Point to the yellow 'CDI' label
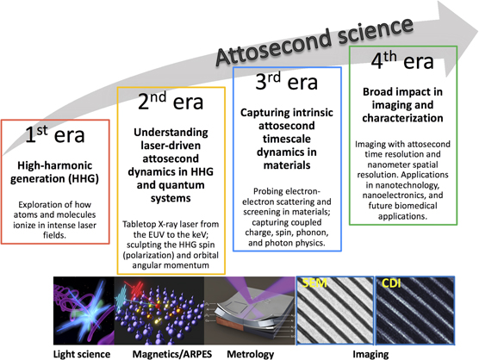point(391,282)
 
